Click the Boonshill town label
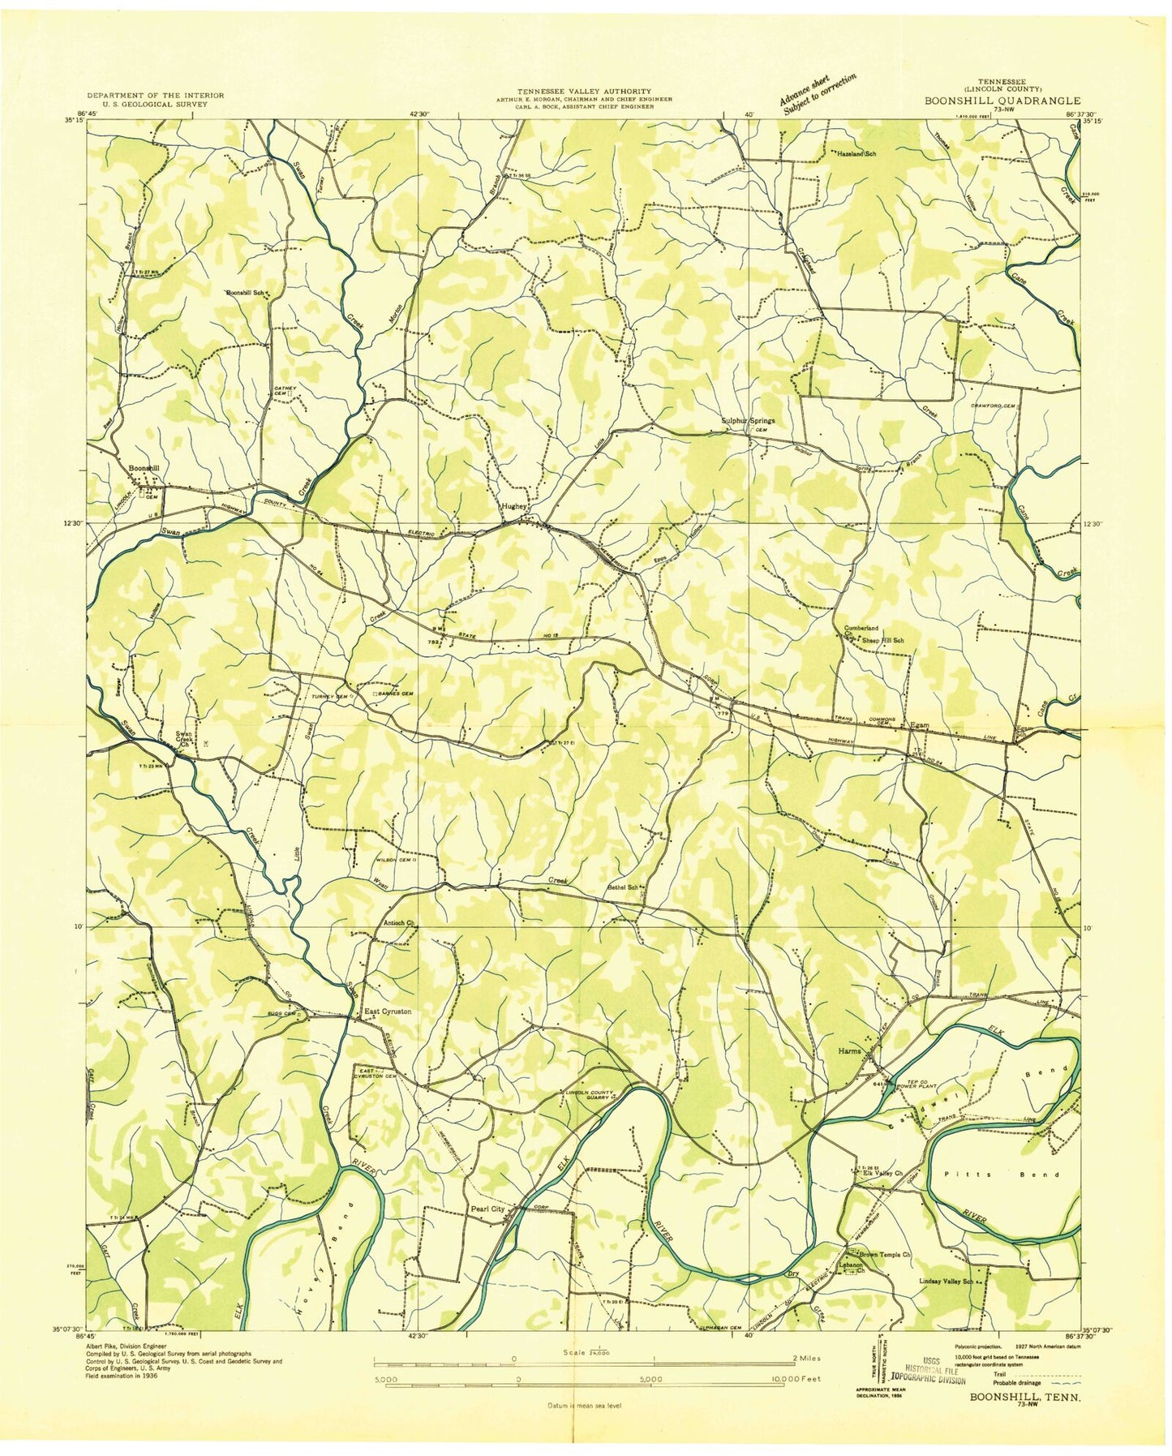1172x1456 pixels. [x=144, y=468]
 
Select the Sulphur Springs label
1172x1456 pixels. [x=748, y=421]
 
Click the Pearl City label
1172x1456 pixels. [x=488, y=1209]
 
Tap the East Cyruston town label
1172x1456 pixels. [x=388, y=1011]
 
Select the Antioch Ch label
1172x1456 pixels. [x=399, y=922]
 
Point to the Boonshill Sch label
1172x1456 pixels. [x=245, y=292]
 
